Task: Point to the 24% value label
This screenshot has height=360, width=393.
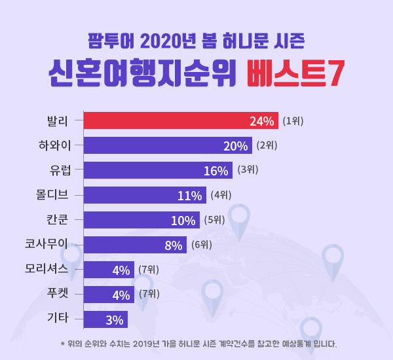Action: (x=261, y=121)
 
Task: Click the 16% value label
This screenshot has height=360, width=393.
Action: (x=215, y=171)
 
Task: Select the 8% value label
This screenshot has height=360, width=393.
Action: (x=173, y=245)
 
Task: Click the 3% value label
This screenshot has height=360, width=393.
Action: (x=114, y=320)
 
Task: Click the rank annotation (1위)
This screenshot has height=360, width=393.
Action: (x=293, y=121)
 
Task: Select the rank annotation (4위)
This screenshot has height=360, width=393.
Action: (x=221, y=195)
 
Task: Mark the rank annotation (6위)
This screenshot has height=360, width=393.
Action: (x=201, y=245)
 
